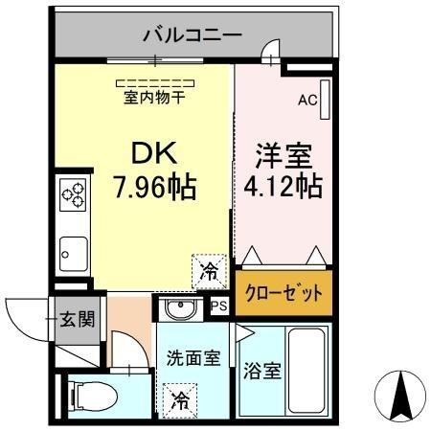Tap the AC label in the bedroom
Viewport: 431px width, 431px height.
306,99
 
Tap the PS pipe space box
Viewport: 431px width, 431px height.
219,306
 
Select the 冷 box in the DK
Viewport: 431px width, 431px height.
207,273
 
